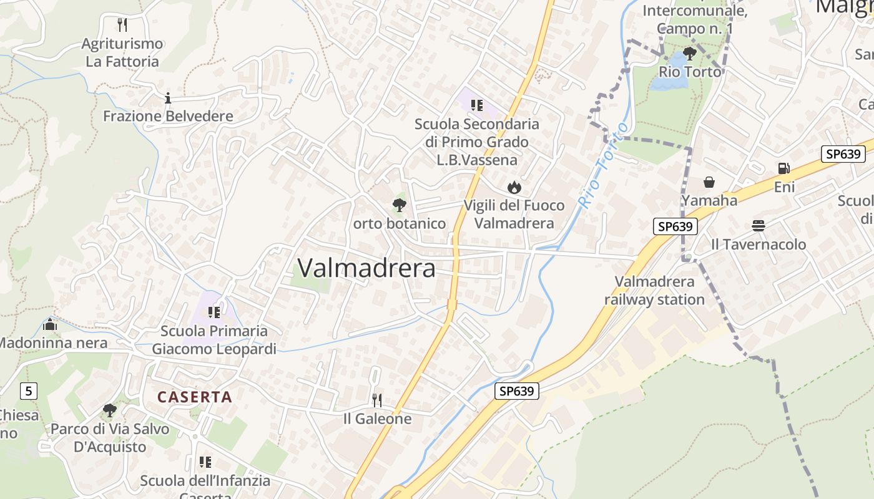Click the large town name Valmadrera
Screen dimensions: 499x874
point(366,268)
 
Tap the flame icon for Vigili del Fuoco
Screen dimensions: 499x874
point(514,187)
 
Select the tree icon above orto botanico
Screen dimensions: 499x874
point(399,205)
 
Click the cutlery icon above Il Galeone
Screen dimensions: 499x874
point(377,400)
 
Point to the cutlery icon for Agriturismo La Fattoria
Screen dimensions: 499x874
point(122,25)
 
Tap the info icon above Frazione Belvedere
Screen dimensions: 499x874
point(167,98)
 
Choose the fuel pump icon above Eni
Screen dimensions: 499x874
point(783,168)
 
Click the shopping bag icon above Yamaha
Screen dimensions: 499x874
point(709,182)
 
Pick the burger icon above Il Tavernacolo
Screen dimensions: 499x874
point(759,225)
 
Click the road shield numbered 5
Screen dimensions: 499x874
point(29,391)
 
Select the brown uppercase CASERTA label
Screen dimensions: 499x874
point(195,397)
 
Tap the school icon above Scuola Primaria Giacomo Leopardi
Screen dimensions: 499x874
point(214,312)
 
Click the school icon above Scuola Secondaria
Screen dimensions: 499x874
point(477,105)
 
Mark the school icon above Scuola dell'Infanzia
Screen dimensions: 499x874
point(205,462)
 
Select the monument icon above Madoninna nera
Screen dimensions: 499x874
point(50,325)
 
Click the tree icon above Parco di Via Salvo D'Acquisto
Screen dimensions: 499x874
point(110,410)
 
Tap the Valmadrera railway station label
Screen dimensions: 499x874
point(654,291)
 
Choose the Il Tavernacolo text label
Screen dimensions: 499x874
point(759,245)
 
